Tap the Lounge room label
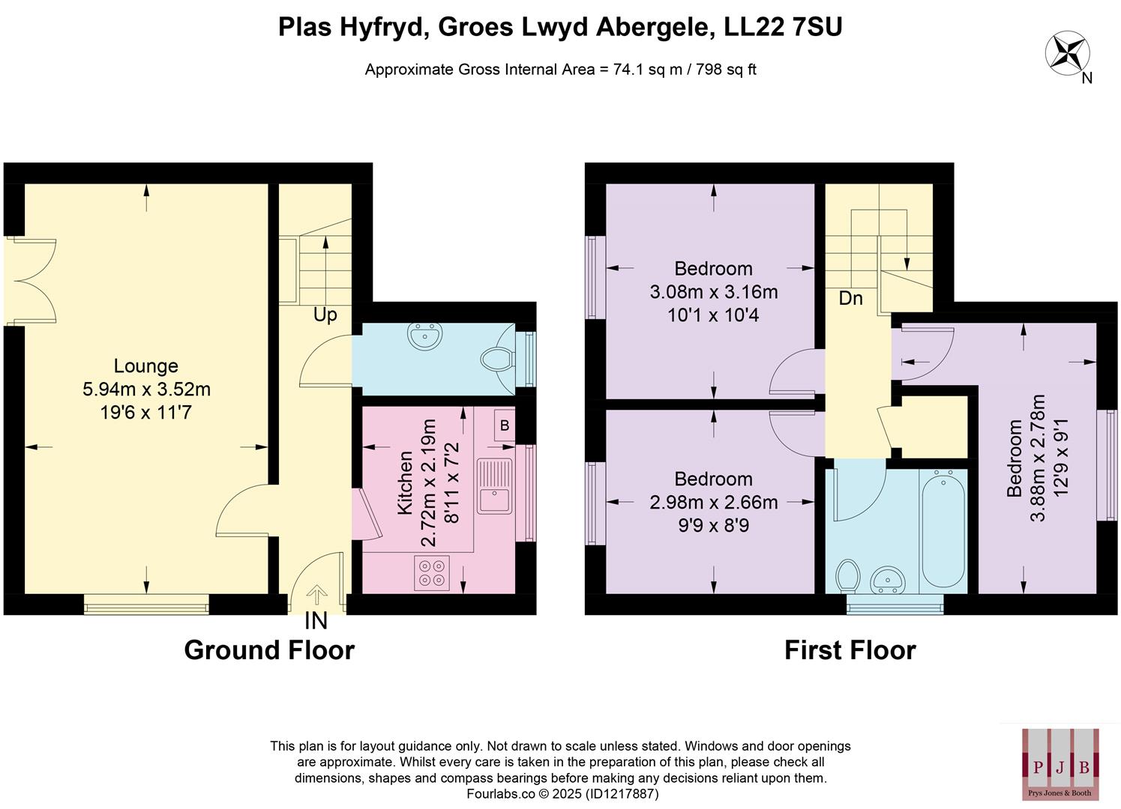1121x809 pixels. (146, 366)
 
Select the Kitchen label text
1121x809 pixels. (405, 482)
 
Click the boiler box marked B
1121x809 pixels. (505, 425)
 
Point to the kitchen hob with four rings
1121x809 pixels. (431, 572)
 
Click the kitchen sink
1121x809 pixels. (495, 486)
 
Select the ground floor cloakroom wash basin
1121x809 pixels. (426, 336)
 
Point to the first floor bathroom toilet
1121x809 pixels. (849, 576)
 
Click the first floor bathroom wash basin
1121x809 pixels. (889, 579)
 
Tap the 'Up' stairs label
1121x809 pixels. (325, 315)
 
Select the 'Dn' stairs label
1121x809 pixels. (850, 298)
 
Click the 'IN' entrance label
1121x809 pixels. (316, 621)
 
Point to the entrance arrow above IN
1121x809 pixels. (316, 595)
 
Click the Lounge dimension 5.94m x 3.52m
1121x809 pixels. (146, 389)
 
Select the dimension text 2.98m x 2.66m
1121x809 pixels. (713, 502)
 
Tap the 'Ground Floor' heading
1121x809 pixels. (269, 649)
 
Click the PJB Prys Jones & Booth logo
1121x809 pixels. (1060, 763)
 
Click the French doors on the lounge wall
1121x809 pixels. (30, 282)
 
